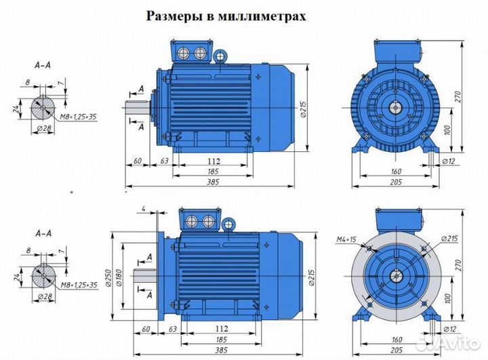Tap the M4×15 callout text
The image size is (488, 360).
tap(348, 239)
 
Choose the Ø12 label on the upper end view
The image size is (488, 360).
tap(448, 161)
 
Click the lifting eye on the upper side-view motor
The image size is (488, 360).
tap(221, 55)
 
